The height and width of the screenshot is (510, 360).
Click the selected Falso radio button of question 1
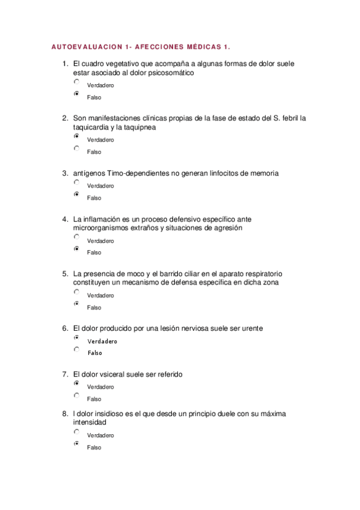(76, 94)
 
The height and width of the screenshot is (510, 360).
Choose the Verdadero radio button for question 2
(76, 137)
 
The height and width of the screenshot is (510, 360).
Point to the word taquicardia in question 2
(93, 127)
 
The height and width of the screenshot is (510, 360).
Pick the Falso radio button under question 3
(76, 194)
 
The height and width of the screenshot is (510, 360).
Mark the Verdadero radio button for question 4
(76, 237)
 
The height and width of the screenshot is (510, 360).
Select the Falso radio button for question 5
(76, 304)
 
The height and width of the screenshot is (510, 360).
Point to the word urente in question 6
(251, 328)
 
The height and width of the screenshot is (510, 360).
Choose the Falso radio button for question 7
(76, 395)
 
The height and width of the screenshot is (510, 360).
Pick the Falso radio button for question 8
(76, 444)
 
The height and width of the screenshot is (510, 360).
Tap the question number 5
(64, 274)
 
